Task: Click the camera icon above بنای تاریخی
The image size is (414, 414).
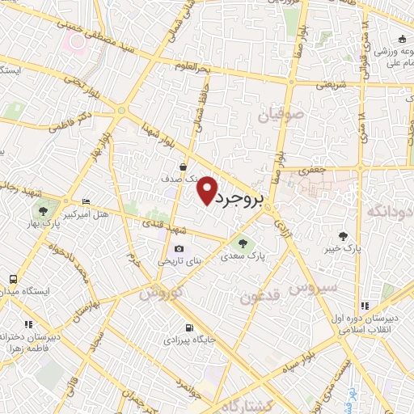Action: pos(179,249)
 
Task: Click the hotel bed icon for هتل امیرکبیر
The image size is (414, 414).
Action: pos(87,201)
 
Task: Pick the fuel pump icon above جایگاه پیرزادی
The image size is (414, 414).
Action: pos(189,328)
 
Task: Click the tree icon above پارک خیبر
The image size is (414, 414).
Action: pos(344,236)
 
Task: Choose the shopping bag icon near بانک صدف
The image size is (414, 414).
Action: pos(184,167)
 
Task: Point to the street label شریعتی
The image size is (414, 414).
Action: pos(331,83)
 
